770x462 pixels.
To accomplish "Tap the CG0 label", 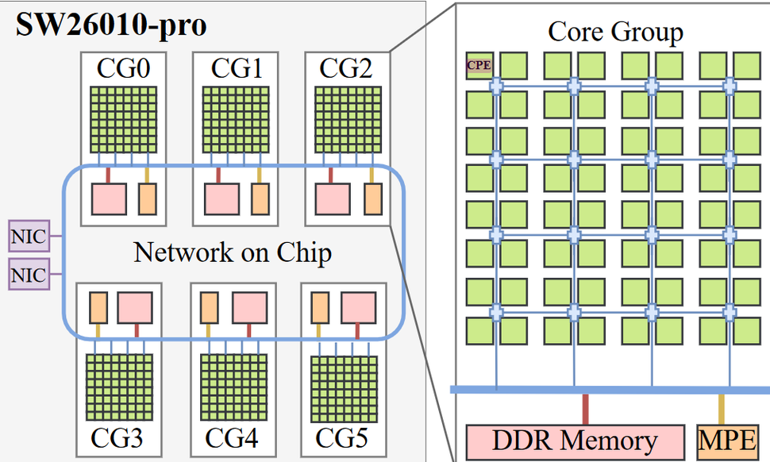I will tap(122, 69).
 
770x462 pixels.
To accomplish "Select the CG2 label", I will tap(346, 69).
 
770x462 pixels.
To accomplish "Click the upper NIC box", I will tap(27, 237).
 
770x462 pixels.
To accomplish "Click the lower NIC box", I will tap(27, 275).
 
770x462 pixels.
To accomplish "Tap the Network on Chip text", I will tap(233, 252).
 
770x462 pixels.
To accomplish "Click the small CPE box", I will tap(479, 66).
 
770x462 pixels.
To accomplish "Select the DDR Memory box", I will tap(575, 441).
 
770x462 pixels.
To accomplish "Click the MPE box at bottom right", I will tap(726, 441).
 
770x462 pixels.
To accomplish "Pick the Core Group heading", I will tap(615, 33).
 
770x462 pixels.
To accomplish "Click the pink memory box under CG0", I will tap(110, 198).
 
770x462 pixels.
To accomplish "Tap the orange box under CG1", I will tap(260, 198).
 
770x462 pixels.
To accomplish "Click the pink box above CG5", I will tap(358, 307).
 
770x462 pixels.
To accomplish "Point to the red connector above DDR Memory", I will tap(586, 409).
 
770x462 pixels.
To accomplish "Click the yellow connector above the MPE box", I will tap(722, 409).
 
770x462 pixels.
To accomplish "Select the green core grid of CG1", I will tap(234, 120).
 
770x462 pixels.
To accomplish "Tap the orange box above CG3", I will tap(98, 307).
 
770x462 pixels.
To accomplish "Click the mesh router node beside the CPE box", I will tap(496, 85).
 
